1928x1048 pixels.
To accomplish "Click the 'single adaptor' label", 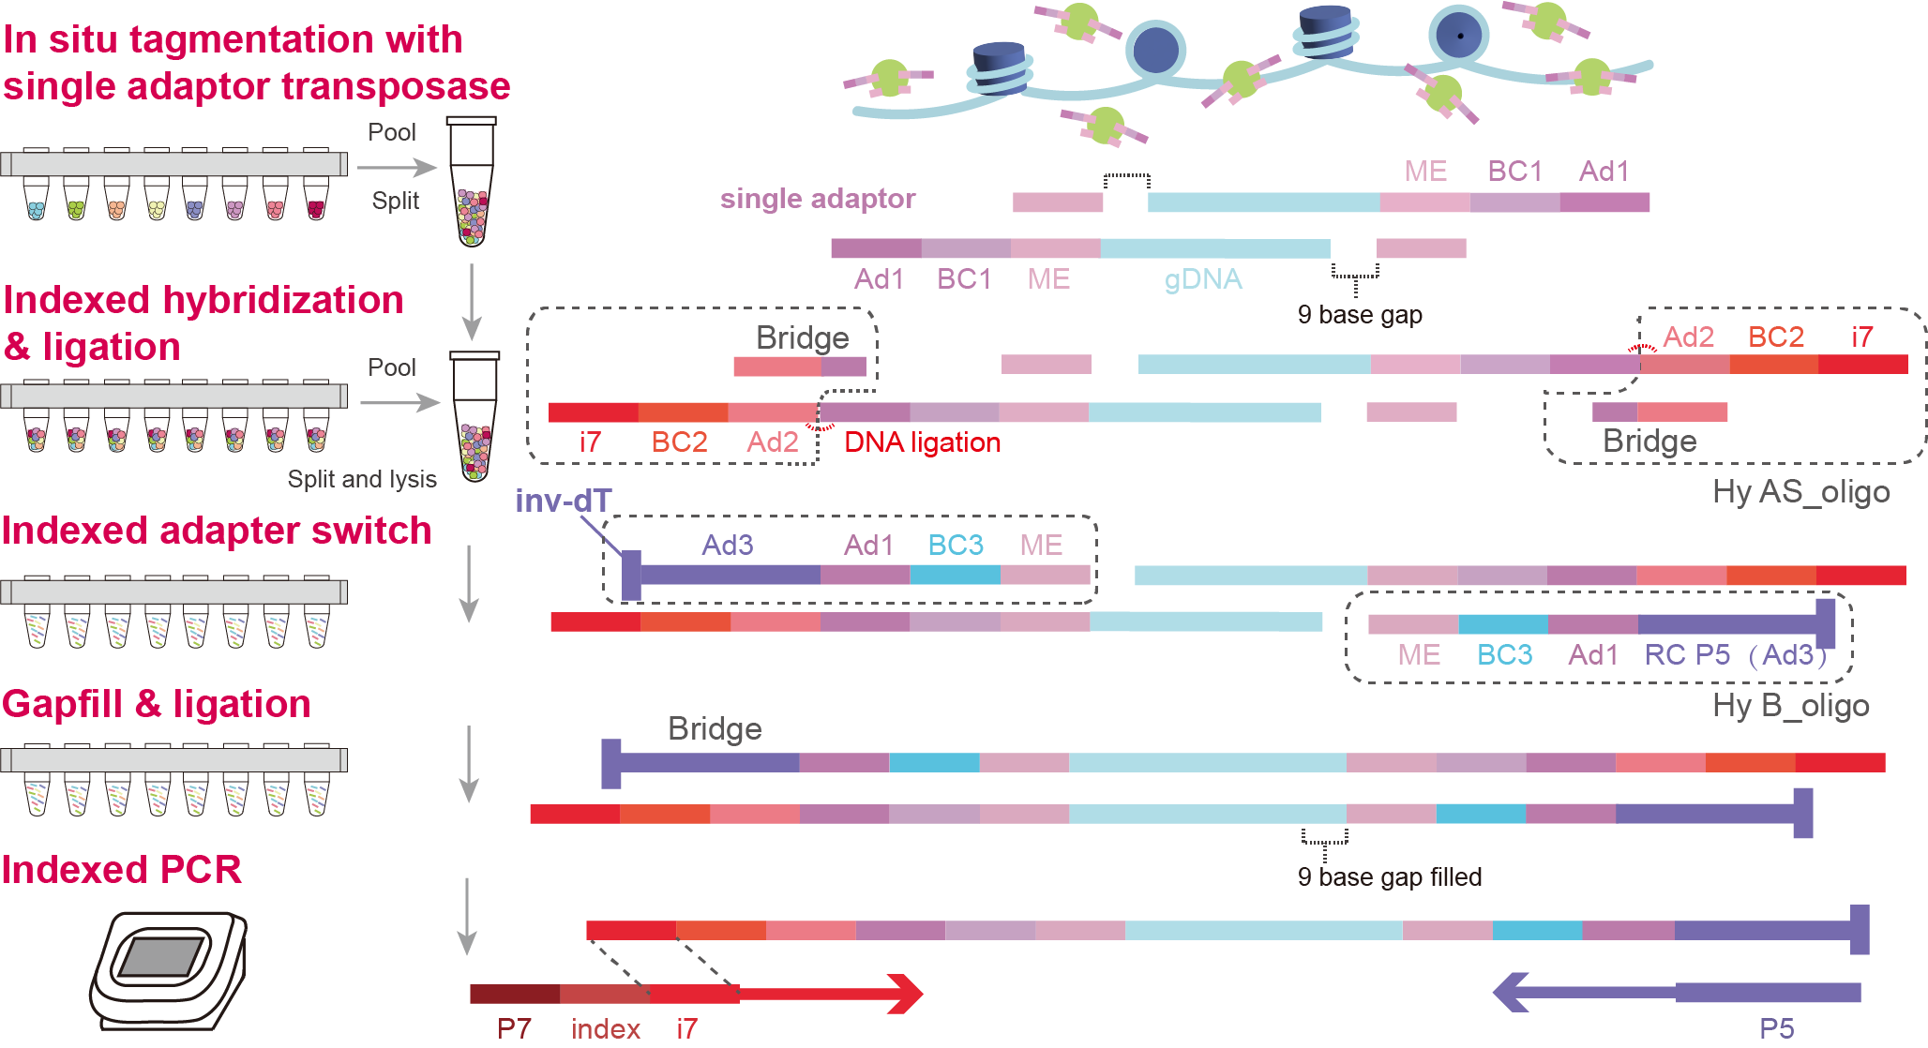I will click(x=817, y=199).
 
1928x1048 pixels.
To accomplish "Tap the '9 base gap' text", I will click(x=1359, y=315).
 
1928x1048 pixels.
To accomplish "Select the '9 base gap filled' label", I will click(x=1389, y=877).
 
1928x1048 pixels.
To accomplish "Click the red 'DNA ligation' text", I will click(x=922, y=442).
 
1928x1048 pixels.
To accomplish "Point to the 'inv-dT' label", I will click(x=563, y=502).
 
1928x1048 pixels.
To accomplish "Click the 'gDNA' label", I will click(x=1202, y=279).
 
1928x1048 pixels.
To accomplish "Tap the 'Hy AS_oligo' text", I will click(x=1800, y=492).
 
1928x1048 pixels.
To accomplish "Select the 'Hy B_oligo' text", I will click(x=1790, y=706).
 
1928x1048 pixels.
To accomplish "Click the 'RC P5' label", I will click(x=1686, y=655).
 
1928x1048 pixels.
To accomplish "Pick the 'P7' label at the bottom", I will click(x=514, y=1029).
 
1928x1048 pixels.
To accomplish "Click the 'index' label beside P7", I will click(x=605, y=1029).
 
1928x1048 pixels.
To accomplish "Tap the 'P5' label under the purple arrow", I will click(x=1776, y=1029).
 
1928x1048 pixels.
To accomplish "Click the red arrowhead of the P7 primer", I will click(x=904, y=994).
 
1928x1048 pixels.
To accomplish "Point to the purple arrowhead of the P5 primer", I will click(x=1512, y=992).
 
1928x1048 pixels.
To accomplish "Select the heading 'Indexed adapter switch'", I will click(x=217, y=531).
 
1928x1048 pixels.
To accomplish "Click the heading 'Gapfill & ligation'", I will click(x=157, y=704).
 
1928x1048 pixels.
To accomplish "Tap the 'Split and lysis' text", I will click(x=362, y=480).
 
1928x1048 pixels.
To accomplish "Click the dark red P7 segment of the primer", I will click(x=514, y=994).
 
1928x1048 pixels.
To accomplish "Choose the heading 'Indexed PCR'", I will click(x=122, y=870).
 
